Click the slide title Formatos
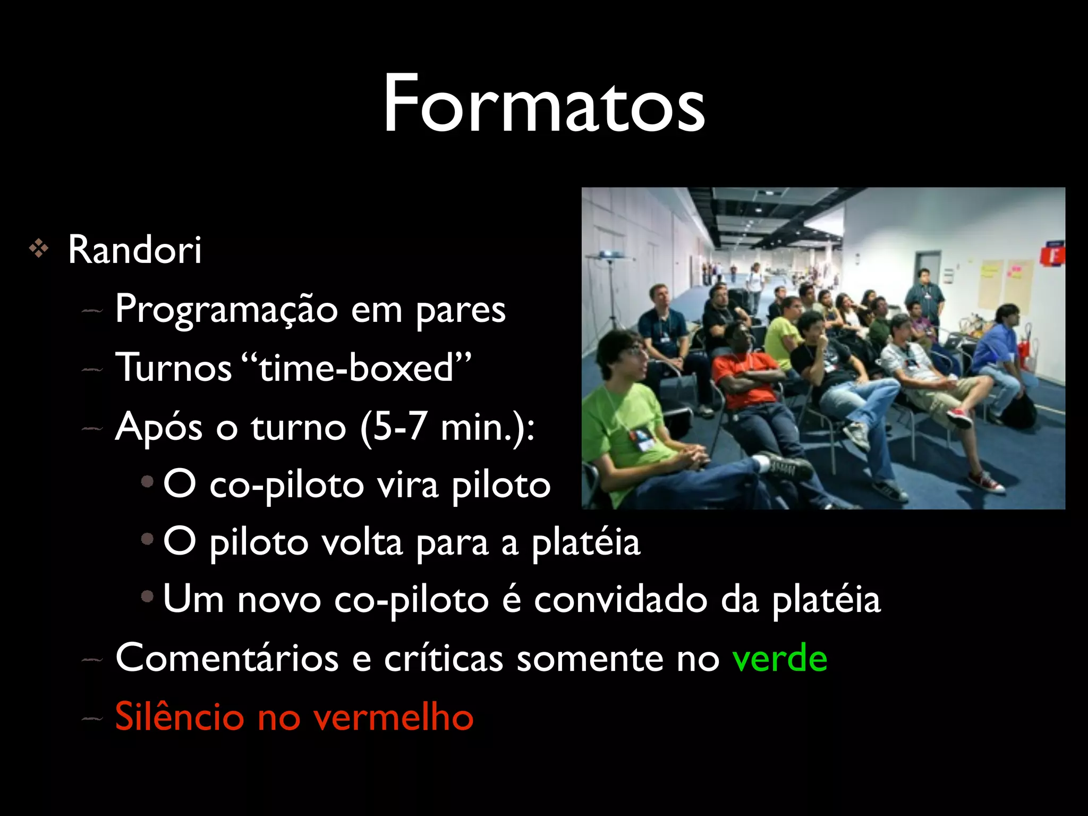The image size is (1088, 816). [544, 104]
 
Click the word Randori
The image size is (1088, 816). [135, 249]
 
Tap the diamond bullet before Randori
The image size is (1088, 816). [39, 248]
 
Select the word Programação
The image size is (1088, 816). [226, 310]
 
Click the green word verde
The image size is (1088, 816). [779, 658]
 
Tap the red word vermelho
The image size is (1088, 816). [393, 716]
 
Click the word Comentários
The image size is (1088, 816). [227, 658]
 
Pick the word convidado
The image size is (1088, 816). [620, 599]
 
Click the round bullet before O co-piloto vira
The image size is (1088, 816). [147, 482]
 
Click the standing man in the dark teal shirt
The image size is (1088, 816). [925, 295]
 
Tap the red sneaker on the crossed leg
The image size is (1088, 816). [959, 417]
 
